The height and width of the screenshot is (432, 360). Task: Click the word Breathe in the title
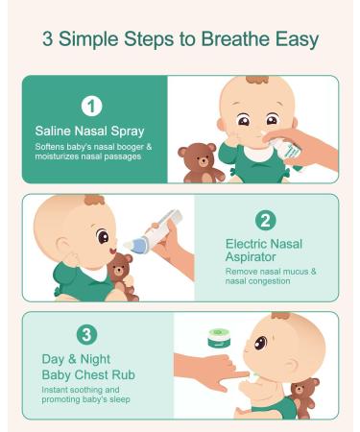coord(236,38)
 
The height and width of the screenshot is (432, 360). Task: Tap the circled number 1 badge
coord(91,107)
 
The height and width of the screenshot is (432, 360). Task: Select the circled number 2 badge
coord(266,221)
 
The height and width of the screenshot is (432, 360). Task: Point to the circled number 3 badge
coord(86,335)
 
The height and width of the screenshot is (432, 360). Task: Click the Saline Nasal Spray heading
coord(89,132)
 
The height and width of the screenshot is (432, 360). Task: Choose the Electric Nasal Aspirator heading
coord(264,251)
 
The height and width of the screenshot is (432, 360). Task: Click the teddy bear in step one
coord(202,163)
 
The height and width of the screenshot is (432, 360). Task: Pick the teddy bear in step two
coord(123,276)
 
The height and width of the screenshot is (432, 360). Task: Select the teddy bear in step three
coord(303,397)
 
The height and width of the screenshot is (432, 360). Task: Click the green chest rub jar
coord(219,339)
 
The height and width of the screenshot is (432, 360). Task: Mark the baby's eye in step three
coord(261,344)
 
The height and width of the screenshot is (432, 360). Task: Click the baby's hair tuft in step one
coord(257,80)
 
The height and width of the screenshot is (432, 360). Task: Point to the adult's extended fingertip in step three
coord(246,373)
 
